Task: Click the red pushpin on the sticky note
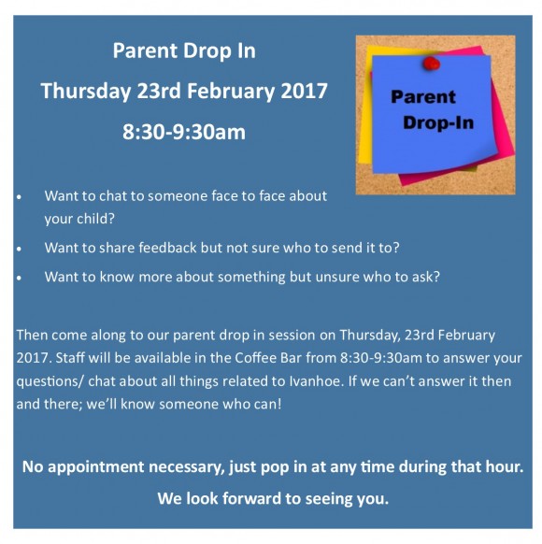click(432, 64)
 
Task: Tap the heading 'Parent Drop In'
click(184, 51)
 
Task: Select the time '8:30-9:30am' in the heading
click(184, 132)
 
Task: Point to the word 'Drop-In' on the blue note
click(438, 122)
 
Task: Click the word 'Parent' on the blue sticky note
click(423, 96)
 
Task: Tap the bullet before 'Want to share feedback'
click(19, 249)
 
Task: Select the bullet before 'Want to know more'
click(19, 278)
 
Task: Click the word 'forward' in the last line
click(251, 498)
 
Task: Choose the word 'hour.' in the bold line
click(505, 466)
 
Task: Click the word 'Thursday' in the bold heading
click(86, 92)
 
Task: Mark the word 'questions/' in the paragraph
click(50, 382)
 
